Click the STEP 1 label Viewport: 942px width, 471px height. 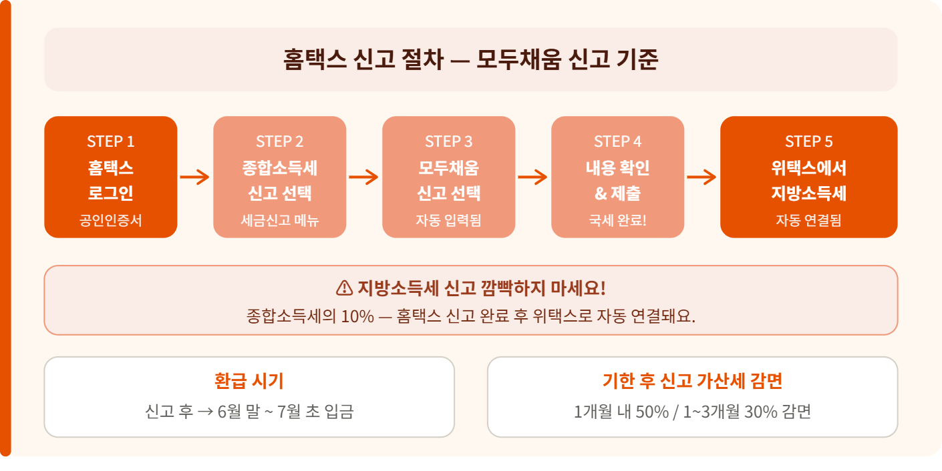(x=111, y=141)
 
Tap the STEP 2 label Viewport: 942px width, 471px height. (x=279, y=141)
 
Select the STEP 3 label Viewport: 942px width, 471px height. (x=448, y=141)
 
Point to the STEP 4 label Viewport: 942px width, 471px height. (x=617, y=141)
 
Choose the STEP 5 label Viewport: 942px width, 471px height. (x=808, y=141)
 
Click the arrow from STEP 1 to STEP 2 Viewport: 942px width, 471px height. (x=195, y=177)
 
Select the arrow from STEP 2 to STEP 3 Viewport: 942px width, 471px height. (x=364, y=177)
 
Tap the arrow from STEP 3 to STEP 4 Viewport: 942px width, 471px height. (x=533, y=177)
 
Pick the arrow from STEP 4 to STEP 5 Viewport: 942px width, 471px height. (x=702, y=177)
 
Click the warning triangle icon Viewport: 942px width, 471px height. (x=344, y=288)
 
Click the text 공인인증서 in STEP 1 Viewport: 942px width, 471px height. (x=111, y=219)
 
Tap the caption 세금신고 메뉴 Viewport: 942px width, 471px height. (x=279, y=219)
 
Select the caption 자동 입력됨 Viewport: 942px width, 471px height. (x=448, y=219)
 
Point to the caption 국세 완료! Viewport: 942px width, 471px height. (x=617, y=219)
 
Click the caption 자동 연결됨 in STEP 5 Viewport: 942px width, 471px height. (x=808, y=219)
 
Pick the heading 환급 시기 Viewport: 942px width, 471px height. (x=249, y=381)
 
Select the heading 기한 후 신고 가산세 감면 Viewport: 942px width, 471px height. (x=692, y=381)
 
